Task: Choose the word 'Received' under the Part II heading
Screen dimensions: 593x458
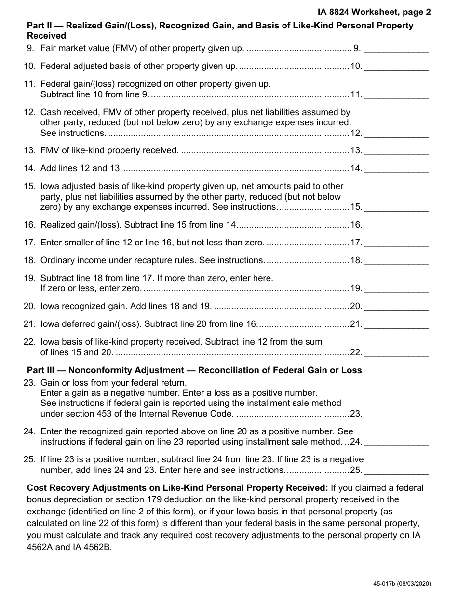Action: (x=47, y=36)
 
